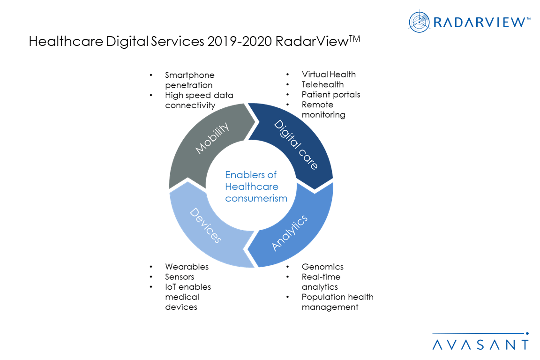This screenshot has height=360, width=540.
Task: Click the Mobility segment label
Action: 212,138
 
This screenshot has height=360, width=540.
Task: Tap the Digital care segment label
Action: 296,144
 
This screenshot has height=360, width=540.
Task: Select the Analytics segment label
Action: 290,233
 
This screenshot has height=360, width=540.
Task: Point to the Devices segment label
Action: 205,225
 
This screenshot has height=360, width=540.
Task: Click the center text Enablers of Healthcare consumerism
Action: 256,187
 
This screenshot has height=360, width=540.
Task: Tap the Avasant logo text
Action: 480,345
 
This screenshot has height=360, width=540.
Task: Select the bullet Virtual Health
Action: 329,75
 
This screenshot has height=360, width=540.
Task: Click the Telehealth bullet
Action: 322,84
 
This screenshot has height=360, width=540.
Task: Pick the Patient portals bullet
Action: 331,95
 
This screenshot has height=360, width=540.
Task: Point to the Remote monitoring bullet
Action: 323,110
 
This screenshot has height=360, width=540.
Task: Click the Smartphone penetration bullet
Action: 189,80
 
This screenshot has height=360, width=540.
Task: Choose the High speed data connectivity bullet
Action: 199,100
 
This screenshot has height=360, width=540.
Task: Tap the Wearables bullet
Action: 187,267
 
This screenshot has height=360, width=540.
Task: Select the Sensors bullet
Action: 180,277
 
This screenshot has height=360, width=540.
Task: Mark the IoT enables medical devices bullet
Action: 187,297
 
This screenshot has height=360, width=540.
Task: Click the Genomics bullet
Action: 322,267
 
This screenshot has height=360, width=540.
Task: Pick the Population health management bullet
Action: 337,302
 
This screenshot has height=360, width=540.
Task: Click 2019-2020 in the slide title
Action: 240,42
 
